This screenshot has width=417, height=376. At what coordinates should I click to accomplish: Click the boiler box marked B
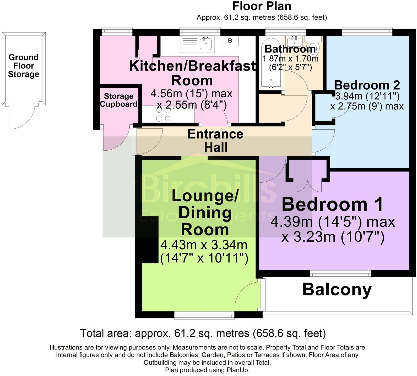click(230, 41)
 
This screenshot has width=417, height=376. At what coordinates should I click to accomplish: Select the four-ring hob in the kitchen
click(164, 115)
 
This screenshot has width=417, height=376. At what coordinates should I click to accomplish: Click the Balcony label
click(337, 290)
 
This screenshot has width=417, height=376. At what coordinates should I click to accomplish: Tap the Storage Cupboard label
click(118, 100)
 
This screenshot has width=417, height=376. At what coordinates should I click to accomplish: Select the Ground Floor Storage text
click(23, 66)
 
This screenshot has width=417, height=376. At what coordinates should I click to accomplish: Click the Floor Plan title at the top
click(262, 6)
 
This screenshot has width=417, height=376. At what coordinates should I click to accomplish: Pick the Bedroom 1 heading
click(332, 204)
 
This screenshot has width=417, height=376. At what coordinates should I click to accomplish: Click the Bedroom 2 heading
click(367, 85)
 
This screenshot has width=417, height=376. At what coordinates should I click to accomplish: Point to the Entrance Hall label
click(215, 141)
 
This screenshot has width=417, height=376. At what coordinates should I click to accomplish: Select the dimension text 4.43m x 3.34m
click(204, 245)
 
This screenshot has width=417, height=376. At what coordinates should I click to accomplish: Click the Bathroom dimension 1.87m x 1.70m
click(290, 58)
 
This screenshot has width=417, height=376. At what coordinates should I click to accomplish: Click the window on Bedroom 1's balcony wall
click(340, 275)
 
